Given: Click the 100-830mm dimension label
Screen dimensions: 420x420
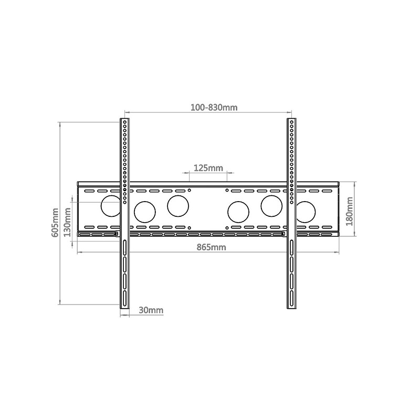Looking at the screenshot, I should point(214,108).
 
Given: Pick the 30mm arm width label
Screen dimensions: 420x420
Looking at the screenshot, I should point(151,310).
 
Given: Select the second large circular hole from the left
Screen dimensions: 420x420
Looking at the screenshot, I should point(144,212).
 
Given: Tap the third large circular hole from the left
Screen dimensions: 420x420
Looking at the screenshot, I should point(178,205).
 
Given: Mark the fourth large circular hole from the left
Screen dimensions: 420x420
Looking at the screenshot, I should point(238,212).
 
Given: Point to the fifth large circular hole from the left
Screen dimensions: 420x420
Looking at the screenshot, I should point(271,205).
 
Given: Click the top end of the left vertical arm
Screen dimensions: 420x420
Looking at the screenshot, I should point(125,121).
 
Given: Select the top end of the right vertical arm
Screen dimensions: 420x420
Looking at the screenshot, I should point(291,121).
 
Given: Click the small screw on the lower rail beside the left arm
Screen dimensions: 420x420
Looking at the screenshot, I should point(116,234).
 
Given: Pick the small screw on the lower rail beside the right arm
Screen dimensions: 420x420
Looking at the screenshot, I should point(283,234).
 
